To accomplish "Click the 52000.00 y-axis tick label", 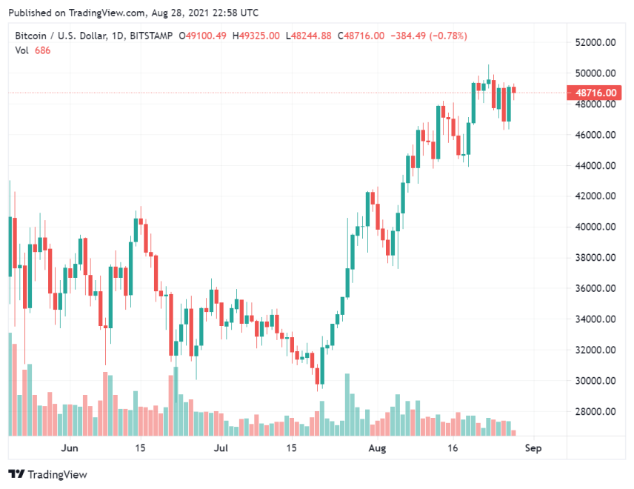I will (598, 43).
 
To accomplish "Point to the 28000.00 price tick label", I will (598, 412).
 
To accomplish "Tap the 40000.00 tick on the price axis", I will (598, 227).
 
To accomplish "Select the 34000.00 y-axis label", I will (598, 319).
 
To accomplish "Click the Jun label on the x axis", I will (69, 448).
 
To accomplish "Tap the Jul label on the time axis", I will (221, 448).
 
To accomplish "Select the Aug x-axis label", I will (378, 448).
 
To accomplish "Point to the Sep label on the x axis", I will (533, 448).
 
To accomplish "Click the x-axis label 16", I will (453, 448).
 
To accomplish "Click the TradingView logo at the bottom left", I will (48, 474).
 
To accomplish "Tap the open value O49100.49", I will (204, 36).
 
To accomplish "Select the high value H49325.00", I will (256, 36).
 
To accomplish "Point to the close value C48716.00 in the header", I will (361, 36).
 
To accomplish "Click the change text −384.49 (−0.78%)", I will (430, 36).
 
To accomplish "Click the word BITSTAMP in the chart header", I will (151, 36).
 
